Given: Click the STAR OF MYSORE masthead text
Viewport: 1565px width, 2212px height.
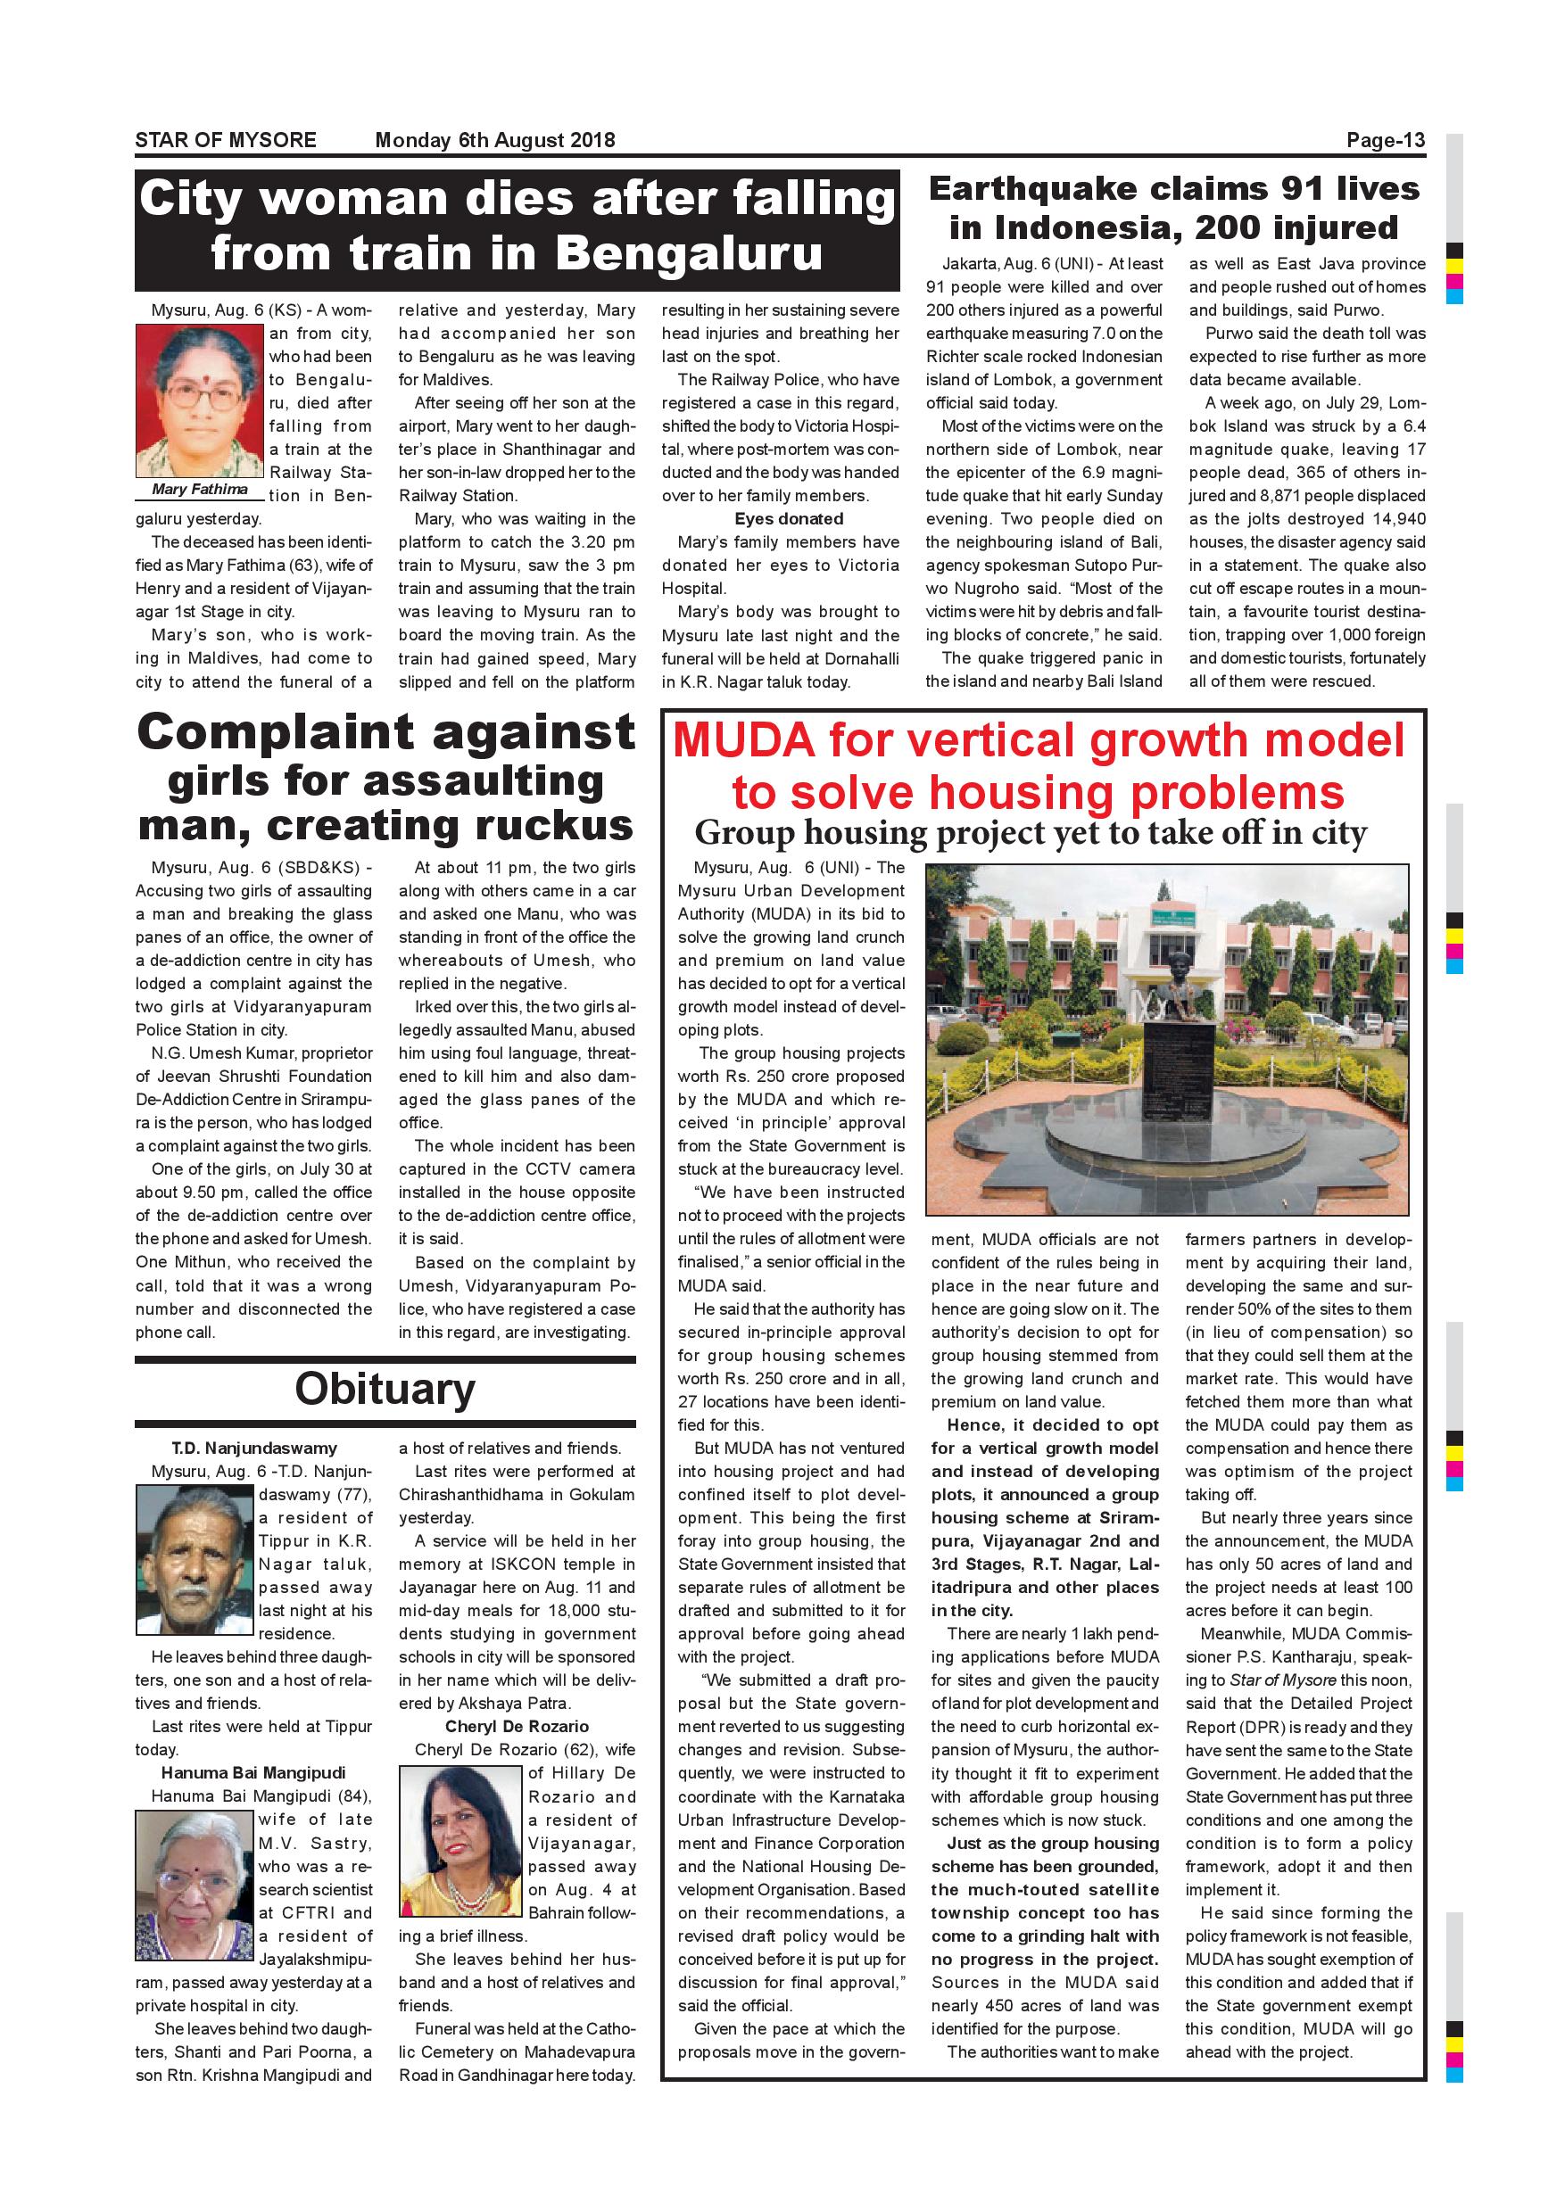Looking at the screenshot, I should coord(226,140).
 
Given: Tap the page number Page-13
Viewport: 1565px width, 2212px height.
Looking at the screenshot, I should coord(1385,141).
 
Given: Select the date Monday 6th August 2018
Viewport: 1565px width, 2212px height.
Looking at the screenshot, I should coord(494,140).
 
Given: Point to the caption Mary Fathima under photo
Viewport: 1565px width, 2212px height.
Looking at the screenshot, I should coord(200,490).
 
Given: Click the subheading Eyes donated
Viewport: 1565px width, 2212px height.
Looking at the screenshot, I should coord(788,519).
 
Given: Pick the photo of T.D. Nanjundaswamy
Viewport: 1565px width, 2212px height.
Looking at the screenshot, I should coord(195,1560).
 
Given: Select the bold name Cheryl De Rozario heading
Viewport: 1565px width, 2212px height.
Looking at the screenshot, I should coord(517,1726).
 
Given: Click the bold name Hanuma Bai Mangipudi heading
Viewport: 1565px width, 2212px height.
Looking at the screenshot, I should coord(253,1772).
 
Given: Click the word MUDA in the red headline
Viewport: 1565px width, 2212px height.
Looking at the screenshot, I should coord(743,741).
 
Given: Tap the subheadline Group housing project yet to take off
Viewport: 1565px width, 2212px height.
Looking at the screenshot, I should coord(1031,832).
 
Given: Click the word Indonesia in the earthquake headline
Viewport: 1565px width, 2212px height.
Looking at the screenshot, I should coord(1062,227).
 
